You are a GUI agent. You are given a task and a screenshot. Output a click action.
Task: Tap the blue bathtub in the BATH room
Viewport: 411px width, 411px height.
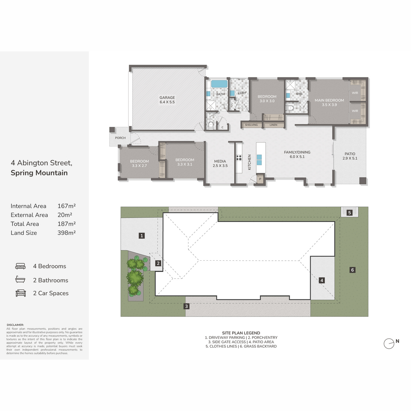(219, 84)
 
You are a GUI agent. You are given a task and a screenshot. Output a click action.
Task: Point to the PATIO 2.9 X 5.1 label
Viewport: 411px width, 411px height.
(350, 156)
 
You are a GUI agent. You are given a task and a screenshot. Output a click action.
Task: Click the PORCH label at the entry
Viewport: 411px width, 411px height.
(120, 138)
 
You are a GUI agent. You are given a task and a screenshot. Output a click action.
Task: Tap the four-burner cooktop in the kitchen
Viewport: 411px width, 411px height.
(239, 158)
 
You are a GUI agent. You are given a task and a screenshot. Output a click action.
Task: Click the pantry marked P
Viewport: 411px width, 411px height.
(260, 179)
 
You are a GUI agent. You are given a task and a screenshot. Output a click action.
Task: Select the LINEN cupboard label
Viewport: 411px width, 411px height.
(273, 125)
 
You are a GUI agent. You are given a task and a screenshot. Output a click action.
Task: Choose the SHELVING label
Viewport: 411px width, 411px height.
(251, 125)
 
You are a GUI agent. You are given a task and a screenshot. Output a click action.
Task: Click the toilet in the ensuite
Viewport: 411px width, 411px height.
(290, 108)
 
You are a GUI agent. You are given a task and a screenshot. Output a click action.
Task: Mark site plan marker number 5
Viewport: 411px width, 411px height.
(349, 213)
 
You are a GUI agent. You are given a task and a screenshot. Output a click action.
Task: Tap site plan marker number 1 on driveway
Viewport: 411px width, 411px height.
(141, 236)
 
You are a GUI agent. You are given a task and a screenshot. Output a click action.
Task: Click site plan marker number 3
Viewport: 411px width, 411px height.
(186, 306)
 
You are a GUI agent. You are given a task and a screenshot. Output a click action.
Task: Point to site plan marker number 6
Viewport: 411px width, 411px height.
(352, 270)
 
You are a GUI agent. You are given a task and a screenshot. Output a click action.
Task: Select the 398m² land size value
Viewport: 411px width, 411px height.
(66, 233)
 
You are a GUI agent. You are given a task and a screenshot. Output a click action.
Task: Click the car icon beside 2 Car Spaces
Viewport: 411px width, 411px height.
(21, 293)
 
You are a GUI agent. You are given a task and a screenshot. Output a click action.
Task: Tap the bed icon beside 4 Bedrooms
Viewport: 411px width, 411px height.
(21, 266)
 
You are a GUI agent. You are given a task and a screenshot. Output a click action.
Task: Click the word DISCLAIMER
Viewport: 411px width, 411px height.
(15, 325)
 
